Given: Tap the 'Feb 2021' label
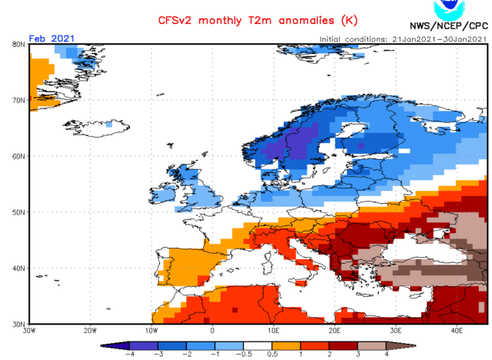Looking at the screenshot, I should coord(50,37).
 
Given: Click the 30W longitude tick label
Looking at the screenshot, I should coord(29,331).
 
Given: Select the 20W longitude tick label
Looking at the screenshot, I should coord(90,331).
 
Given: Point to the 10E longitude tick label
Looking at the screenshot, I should coord(273,331).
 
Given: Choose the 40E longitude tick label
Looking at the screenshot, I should coord(456,331).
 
